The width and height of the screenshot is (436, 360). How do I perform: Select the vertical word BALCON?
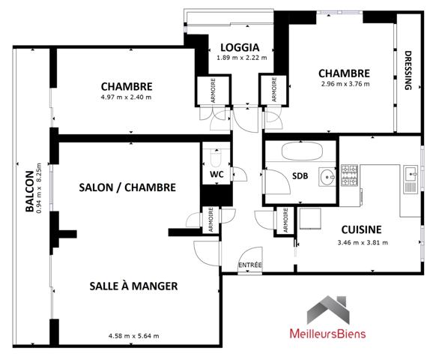(29, 192)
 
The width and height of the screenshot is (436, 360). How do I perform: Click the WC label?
(217, 174)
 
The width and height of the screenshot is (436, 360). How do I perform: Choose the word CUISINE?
(362, 229)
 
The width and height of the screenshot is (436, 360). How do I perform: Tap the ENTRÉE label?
(249, 266)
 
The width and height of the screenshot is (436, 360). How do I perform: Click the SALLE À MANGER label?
(133, 286)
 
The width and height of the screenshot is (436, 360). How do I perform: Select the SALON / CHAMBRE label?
(127, 187)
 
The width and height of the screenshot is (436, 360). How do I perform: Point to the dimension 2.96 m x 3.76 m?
(344, 84)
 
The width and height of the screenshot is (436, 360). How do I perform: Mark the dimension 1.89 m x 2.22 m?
(242, 58)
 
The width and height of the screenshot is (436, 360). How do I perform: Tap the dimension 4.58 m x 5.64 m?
(133, 335)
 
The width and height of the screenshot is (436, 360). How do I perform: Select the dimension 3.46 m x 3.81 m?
(362, 243)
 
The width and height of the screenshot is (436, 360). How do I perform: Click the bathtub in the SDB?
(300, 150)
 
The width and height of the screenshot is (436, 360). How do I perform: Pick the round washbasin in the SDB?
(326, 177)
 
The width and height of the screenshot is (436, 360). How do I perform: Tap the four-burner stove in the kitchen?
(349, 177)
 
